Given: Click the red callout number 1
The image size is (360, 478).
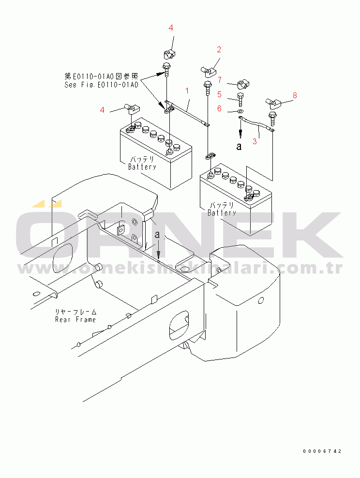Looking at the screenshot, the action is pyautogui.click(x=186, y=90).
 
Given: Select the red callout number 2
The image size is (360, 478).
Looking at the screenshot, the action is pyautogui.click(x=219, y=49).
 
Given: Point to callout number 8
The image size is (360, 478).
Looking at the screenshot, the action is pyautogui.click(x=295, y=95).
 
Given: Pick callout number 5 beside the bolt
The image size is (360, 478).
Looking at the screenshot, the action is pyautogui.click(x=219, y=94).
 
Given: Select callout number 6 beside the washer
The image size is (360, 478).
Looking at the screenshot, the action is pyautogui.click(x=219, y=109).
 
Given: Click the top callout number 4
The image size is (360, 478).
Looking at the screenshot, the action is pyautogui.click(x=171, y=28).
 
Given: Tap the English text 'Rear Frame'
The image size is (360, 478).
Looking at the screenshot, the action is pyautogui.click(x=75, y=319).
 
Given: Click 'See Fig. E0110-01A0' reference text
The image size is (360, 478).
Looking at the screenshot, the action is pyautogui.click(x=101, y=84).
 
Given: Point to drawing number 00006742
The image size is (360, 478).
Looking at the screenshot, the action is pyautogui.click(x=322, y=451).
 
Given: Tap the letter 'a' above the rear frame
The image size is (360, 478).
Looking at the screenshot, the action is pyautogui.click(x=157, y=235).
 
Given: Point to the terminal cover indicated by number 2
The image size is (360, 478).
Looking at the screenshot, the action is pyautogui.click(x=206, y=72).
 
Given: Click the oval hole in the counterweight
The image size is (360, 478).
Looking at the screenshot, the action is pyautogui.click(x=261, y=300).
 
